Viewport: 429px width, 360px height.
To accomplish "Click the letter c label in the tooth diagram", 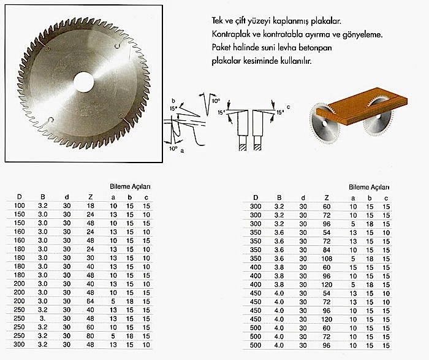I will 288,108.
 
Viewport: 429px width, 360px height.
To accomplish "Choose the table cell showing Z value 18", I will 91,207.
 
